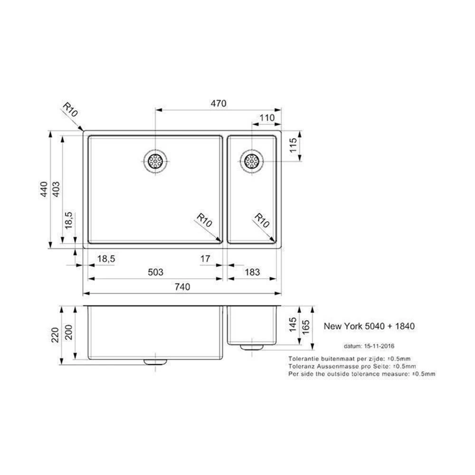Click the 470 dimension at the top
click(218, 104)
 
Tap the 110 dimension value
click(267, 117)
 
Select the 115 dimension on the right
click(293, 145)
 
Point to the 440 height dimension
click(44, 190)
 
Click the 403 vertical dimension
click(57, 190)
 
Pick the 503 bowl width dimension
click(155, 272)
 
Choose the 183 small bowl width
click(252, 272)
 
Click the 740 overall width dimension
click(182, 286)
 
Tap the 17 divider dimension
click(205, 259)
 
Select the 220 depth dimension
click(55, 335)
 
